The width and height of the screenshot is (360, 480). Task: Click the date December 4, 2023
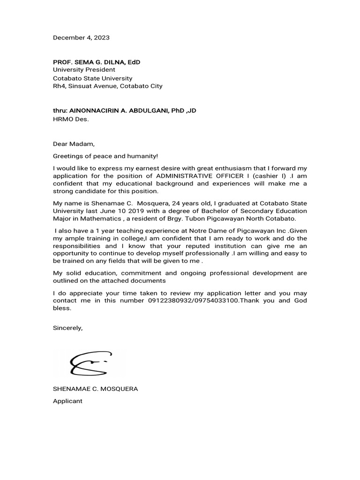click(81, 37)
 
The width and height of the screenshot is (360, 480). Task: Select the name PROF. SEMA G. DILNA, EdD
click(96, 62)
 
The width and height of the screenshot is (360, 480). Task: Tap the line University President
click(84, 70)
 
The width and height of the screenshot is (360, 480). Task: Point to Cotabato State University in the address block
click(92, 78)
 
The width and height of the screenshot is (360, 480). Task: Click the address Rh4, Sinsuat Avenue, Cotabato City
click(108, 86)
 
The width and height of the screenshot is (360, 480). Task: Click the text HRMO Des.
click(70, 119)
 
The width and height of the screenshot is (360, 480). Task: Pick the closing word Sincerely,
click(67, 328)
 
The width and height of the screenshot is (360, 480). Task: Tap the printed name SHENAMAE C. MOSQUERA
click(95, 389)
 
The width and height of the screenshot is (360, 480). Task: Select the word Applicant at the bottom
click(67, 401)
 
